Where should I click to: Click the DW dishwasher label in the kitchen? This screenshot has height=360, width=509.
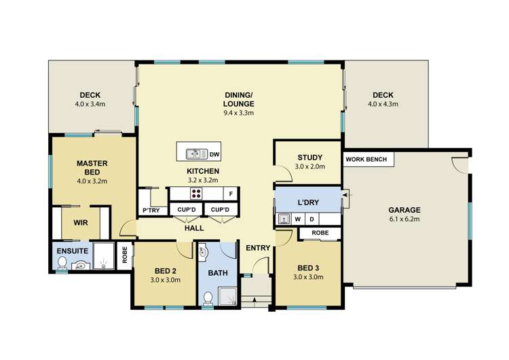tap(214, 154)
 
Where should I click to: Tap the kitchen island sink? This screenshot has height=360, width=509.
tap(193, 154)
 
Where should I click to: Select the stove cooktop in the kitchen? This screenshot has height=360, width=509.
tap(196, 194)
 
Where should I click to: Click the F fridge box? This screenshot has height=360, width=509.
tap(231, 194)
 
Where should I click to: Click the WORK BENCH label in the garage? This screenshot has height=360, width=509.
tap(366, 160)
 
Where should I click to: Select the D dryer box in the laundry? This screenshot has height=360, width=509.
tap(312, 219)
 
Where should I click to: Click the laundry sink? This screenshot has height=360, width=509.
tap(284, 219)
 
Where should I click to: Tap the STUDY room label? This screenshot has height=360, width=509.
tap(307, 158)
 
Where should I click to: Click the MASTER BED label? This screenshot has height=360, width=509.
tap(92, 168)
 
